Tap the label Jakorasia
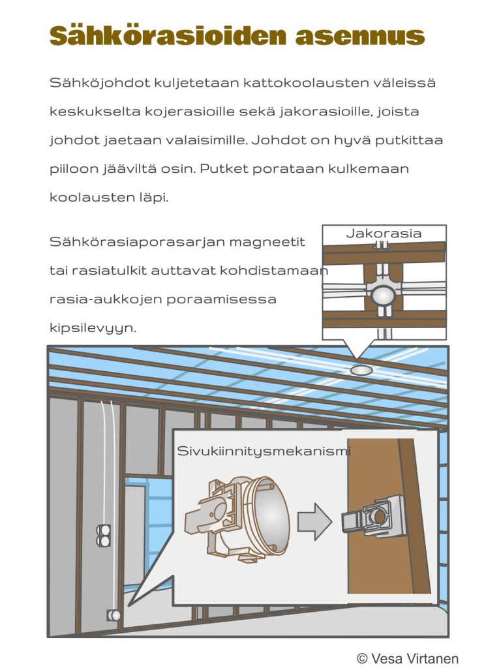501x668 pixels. coord(384,234)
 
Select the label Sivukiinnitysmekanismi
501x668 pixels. coord(264,451)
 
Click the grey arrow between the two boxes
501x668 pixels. coord(314,522)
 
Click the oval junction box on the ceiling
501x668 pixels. coord(359,371)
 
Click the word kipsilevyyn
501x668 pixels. coord(93,328)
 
